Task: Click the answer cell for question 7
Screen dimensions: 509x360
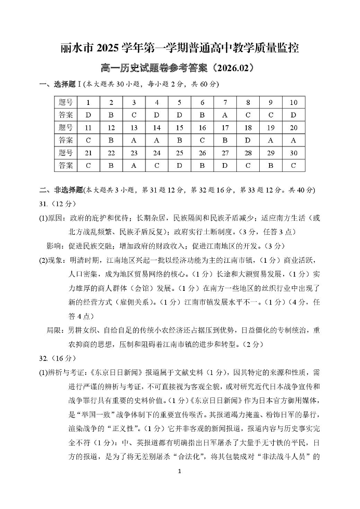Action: (225, 115)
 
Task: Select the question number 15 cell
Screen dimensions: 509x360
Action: (179, 127)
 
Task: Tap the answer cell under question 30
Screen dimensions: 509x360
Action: (294, 165)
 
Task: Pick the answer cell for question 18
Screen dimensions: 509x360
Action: (248, 140)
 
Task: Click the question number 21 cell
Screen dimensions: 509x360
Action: (88, 153)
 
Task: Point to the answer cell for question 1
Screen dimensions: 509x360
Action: (88, 115)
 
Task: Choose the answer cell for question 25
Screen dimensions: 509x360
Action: (179, 165)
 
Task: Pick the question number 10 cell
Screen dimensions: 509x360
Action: (294, 102)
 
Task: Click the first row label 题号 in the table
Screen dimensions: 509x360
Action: (66, 102)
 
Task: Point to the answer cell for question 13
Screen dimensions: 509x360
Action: (134, 140)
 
